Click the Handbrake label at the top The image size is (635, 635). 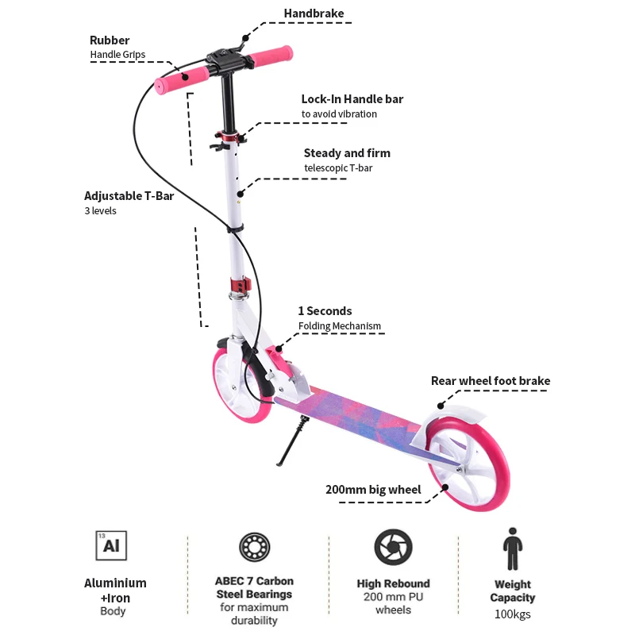click(x=314, y=13)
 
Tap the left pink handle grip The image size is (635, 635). click(x=182, y=78)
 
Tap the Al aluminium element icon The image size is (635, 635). click(x=111, y=546)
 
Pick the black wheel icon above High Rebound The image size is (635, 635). click(x=393, y=548)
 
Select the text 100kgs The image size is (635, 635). click(x=512, y=614)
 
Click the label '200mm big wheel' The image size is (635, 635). click(x=373, y=490)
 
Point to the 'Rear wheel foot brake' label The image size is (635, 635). click(x=490, y=381)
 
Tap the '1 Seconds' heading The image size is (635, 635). click(x=325, y=311)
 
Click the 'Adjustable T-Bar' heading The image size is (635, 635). click(x=129, y=196)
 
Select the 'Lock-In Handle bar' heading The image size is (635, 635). click(x=352, y=99)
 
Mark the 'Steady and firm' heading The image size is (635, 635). click(x=347, y=153)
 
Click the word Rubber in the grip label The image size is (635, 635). click(x=110, y=40)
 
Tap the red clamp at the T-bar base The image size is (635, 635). click(x=240, y=284)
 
